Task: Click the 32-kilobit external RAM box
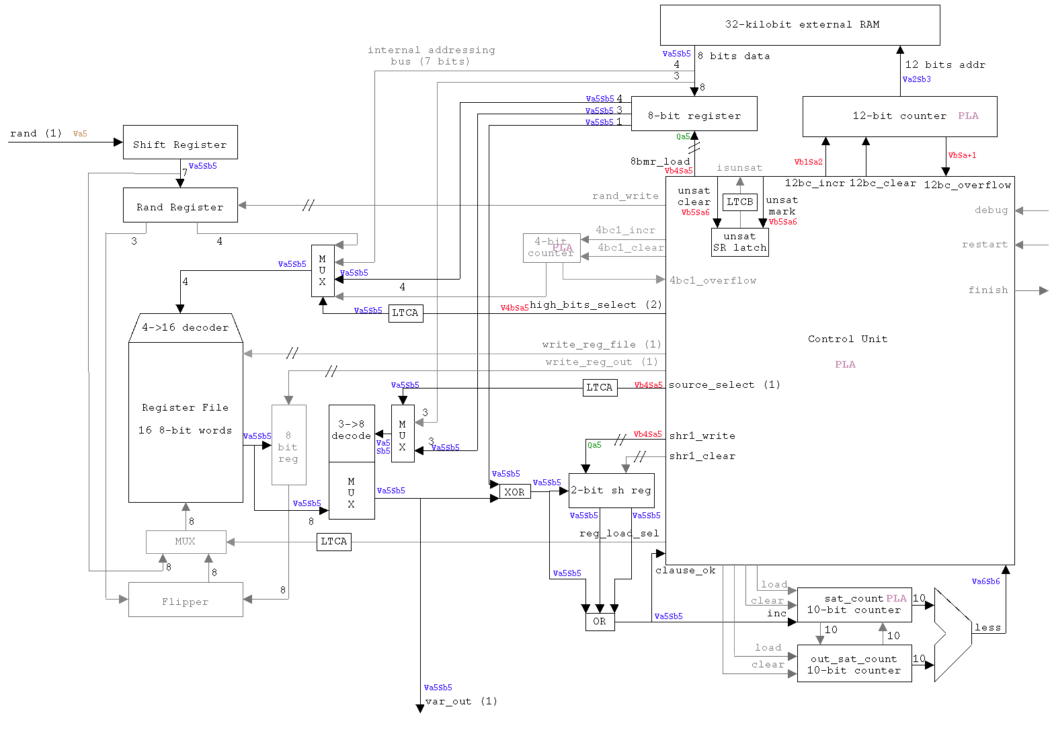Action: (x=800, y=25)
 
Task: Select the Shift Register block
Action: (x=180, y=142)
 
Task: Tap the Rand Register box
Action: (x=180, y=205)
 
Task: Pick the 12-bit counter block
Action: (x=899, y=116)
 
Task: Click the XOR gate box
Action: (x=515, y=492)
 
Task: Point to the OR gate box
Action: (x=600, y=622)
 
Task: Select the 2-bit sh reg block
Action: (x=611, y=491)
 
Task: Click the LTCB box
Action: (x=740, y=202)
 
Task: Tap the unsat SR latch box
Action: (x=739, y=242)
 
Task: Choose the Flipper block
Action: (x=186, y=600)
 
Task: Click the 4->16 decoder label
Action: (x=185, y=328)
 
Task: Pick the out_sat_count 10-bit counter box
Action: (x=854, y=664)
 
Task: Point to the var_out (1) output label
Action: (x=461, y=701)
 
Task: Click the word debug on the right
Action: (x=991, y=210)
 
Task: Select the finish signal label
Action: (x=987, y=290)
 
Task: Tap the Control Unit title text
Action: (x=847, y=339)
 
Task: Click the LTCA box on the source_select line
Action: (x=600, y=388)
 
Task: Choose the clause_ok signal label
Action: (x=685, y=571)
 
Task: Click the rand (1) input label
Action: (x=36, y=134)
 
